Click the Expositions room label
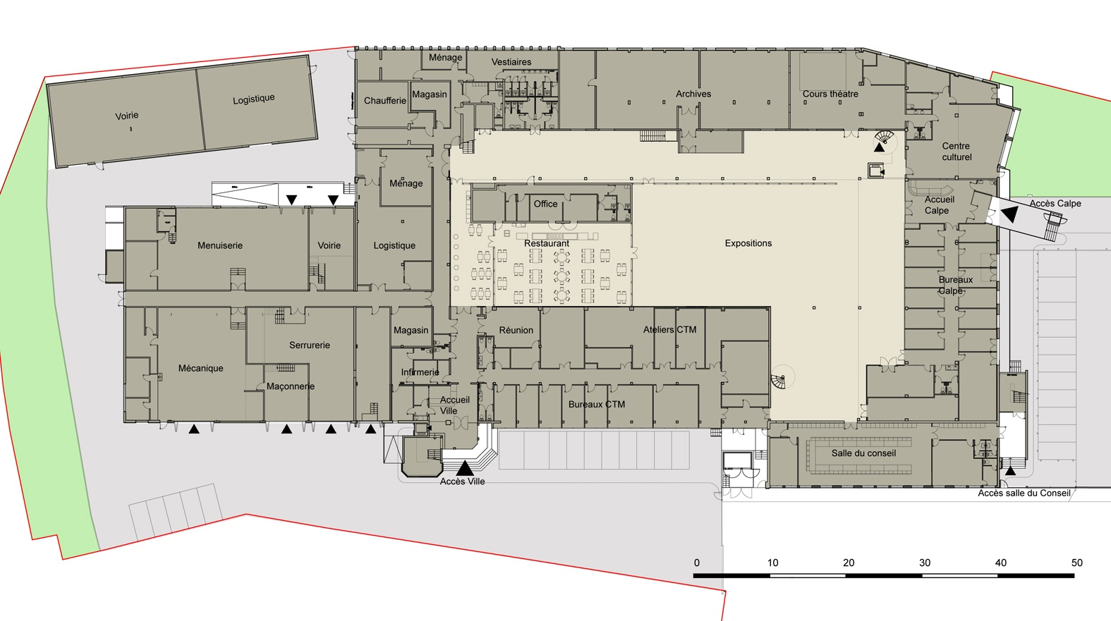pyautogui.click(x=748, y=243)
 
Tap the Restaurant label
pyautogui.click(x=547, y=244)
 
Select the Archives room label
pyautogui.click(x=693, y=94)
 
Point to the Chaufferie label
pyautogui.click(x=385, y=101)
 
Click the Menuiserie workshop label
pyautogui.click(x=219, y=245)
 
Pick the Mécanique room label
pyautogui.click(x=200, y=368)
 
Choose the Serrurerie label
pyautogui.click(x=310, y=345)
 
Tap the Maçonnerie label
pyautogui.click(x=290, y=386)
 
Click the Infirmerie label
pyautogui.click(x=420, y=372)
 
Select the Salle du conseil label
pyautogui.click(x=863, y=453)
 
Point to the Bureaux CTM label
pyautogui.click(x=596, y=405)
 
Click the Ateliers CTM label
pyautogui.click(x=669, y=330)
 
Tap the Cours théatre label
pyautogui.click(x=830, y=94)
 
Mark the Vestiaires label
pyautogui.click(x=511, y=62)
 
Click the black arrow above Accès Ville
pyautogui.click(x=465, y=468)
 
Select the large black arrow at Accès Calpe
pyautogui.click(x=1010, y=214)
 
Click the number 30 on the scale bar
pyautogui.click(x=925, y=562)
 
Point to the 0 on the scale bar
pyautogui.click(x=697, y=562)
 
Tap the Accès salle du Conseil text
pyautogui.click(x=1024, y=493)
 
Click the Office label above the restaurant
pyautogui.click(x=545, y=204)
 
